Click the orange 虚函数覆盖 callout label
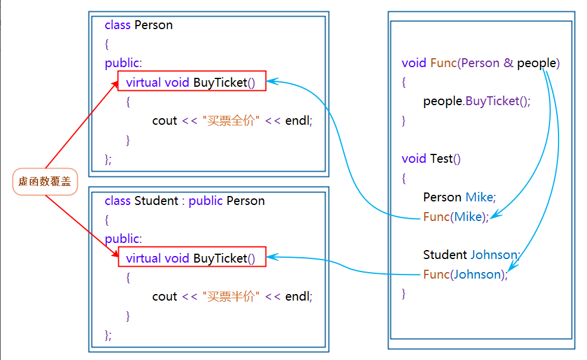pos(45,182)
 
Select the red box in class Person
pos(191,82)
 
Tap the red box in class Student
pos(191,258)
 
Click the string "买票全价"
pos(231,121)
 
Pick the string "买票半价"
pos(231,296)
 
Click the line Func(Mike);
pos(456,217)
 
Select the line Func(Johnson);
pos(465,274)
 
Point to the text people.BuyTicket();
pos(476,101)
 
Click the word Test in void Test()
pos(441,159)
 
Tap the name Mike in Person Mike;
pos(480,197)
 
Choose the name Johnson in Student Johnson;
pos(495,255)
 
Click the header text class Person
pos(138,25)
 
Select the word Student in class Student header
pos(156,201)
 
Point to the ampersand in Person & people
pos(508,63)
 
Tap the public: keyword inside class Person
pos(123,63)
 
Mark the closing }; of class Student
pos(108,335)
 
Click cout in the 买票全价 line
pos(165,121)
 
